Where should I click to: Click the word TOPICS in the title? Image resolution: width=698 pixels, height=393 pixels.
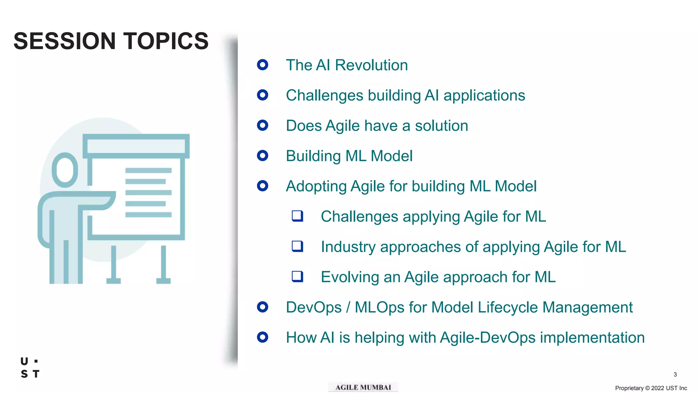(166, 41)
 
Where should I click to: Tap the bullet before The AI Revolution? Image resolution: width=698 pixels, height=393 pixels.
(262, 64)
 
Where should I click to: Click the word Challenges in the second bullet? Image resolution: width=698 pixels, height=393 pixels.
(324, 96)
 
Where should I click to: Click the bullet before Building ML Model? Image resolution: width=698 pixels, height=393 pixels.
(262, 156)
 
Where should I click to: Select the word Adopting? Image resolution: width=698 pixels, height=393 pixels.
(316, 187)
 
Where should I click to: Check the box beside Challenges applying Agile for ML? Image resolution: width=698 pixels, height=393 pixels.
(297, 216)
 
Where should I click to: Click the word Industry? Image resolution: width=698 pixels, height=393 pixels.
(348, 247)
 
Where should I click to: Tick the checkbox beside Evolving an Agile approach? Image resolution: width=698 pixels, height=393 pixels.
(297, 276)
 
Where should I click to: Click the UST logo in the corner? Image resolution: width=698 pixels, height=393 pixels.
(30, 368)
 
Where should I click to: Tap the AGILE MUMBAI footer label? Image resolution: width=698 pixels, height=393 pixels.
(363, 387)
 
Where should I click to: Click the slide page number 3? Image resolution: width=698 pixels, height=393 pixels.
(675, 374)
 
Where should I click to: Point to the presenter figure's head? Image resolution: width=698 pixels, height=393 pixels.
(65, 170)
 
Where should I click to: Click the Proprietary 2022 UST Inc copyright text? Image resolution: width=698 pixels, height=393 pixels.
(651, 388)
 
